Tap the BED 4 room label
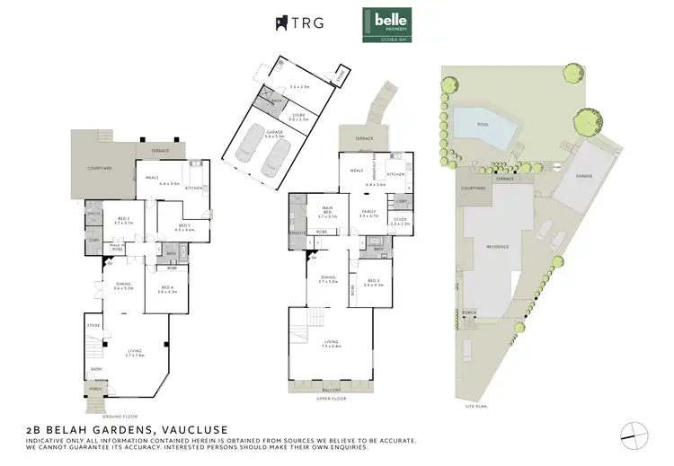pyautogui.click(x=165, y=286)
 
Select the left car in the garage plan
pyautogui.click(x=244, y=162)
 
